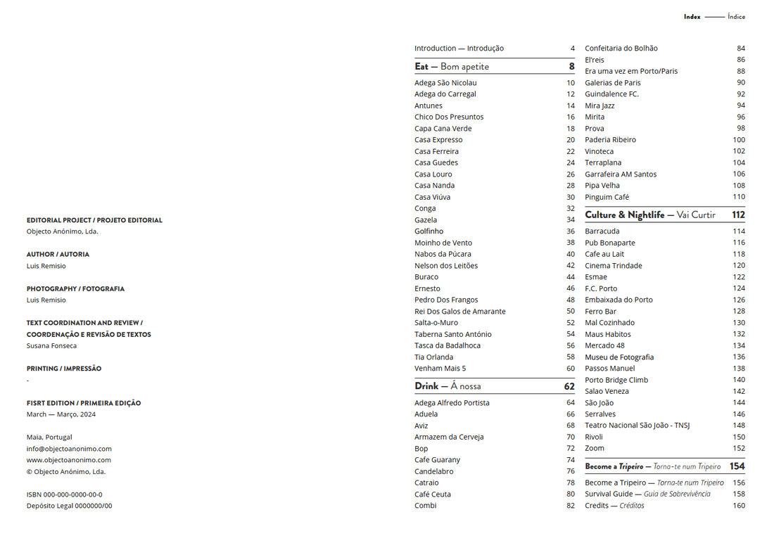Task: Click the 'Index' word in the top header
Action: click(x=692, y=17)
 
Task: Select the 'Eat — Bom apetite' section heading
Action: click(x=452, y=67)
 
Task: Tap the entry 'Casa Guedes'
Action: click(x=436, y=162)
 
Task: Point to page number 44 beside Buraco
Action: click(x=571, y=277)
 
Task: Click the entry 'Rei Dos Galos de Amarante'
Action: click(x=460, y=312)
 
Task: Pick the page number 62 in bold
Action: click(x=569, y=386)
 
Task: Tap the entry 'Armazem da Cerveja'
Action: click(x=449, y=437)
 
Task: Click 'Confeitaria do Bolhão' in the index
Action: click(x=621, y=49)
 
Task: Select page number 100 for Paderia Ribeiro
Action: click(x=739, y=140)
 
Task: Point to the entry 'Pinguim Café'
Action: click(x=607, y=197)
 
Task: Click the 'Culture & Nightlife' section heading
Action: click(x=625, y=215)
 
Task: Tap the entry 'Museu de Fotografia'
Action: click(x=619, y=357)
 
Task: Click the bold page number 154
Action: click(x=737, y=466)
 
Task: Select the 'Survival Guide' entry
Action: click(x=609, y=494)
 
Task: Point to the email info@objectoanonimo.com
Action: click(x=69, y=449)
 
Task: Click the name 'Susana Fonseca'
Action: click(x=52, y=346)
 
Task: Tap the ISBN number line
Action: click(x=64, y=494)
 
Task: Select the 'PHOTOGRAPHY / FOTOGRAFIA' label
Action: click(x=75, y=289)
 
